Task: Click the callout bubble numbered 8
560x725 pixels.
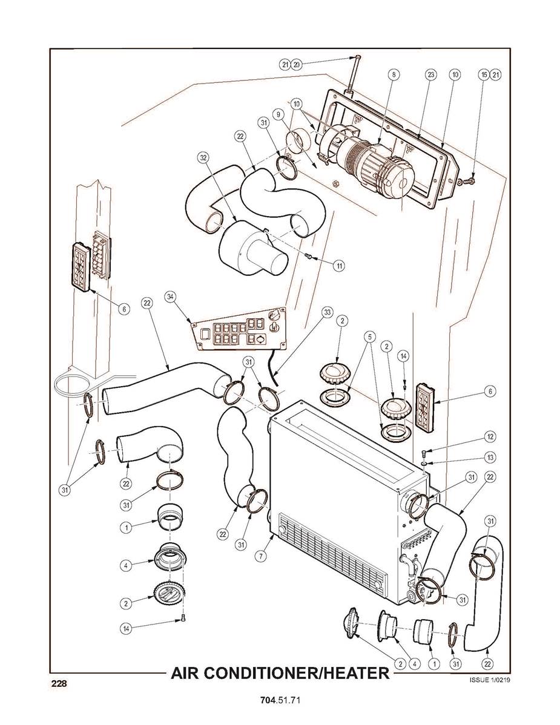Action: click(394, 74)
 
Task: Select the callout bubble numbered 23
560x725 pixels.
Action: click(430, 74)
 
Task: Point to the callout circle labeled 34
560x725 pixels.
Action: click(170, 297)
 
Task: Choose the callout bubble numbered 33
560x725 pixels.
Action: click(327, 312)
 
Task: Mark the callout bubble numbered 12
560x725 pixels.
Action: click(490, 436)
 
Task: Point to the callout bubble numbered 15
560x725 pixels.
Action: click(484, 74)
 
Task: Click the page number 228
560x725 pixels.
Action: click(58, 684)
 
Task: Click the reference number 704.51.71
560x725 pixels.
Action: click(280, 701)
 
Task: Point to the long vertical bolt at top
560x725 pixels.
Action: click(354, 76)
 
